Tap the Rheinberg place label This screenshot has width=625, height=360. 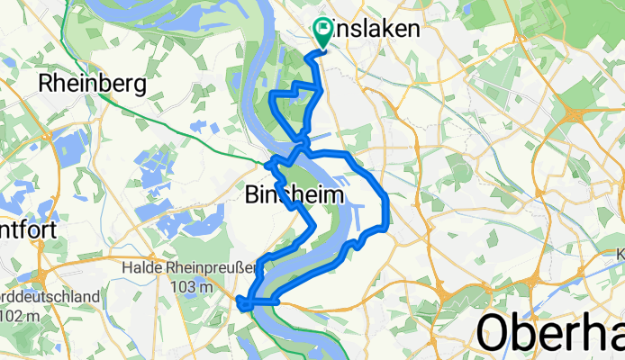point(93,84)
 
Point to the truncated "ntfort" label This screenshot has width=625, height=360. point(29,229)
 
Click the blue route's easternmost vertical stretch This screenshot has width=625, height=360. point(387,211)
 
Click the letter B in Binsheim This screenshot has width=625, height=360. point(252,194)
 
